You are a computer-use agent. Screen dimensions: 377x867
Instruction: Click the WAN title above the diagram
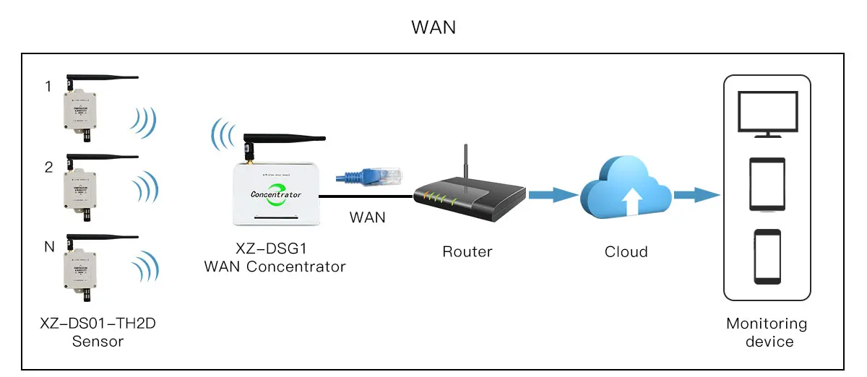coord(433,27)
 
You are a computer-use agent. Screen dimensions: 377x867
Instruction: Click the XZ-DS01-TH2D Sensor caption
coord(98,332)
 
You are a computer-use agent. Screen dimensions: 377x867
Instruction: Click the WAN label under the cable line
coord(367,217)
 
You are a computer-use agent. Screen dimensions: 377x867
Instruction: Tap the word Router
coord(467,252)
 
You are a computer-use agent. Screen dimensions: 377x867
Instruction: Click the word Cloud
coord(626,252)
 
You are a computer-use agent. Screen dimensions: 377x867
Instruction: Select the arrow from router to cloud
coord(553,194)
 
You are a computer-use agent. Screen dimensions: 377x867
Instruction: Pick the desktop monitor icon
coord(767,113)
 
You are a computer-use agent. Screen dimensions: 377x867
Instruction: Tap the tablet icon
coord(767,185)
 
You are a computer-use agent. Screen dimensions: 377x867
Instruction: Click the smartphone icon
coord(767,257)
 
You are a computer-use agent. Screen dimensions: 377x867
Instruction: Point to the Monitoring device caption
coord(767,332)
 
